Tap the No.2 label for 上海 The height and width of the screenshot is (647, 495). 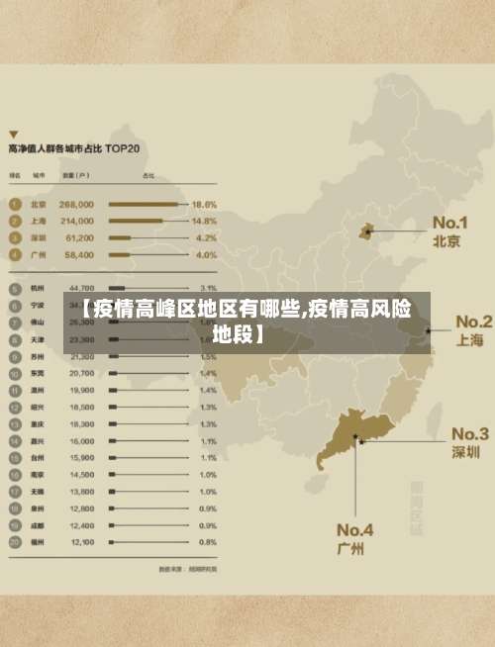tap(472, 323)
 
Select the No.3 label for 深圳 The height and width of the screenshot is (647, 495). tap(470, 433)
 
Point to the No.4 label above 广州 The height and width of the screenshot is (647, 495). tap(354, 528)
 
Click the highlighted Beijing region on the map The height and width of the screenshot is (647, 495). tap(365, 231)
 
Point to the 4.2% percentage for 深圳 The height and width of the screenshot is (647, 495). tap(206, 238)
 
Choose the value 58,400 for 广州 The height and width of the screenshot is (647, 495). tap(77, 255)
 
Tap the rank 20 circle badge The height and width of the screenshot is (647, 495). tap(15, 542)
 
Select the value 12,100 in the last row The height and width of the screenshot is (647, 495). tap(81, 542)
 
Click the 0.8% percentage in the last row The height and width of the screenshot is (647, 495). tap(208, 542)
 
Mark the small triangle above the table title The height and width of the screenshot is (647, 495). tap(13, 132)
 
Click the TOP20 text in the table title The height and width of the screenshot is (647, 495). tap(138, 148)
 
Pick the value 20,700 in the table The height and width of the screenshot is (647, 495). tap(81, 374)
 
